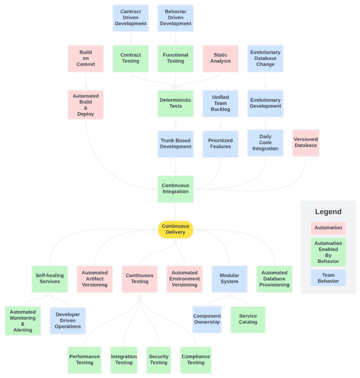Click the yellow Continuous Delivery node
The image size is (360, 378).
tap(175, 229)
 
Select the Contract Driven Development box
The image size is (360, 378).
tap(131, 18)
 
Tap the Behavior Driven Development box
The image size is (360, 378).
tap(175, 18)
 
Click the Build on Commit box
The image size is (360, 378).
tap(86, 58)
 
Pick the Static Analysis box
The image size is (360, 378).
tap(220, 58)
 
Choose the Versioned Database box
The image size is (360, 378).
tap(305, 142)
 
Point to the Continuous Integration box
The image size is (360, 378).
tap(175, 188)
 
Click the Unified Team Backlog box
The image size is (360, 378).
tap(220, 103)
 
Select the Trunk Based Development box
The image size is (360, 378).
tap(175, 143)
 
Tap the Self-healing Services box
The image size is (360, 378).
tap(50, 278)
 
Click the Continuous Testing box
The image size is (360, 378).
tap(140, 278)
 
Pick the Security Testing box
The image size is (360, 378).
tap(158, 359)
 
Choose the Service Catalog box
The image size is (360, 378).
tap(248, 319)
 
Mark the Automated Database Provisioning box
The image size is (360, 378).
tap(274, 278)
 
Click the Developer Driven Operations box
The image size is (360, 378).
tap(67, 320)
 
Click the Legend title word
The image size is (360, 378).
tap(328, 212)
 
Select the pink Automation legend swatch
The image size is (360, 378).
tap(328, 228)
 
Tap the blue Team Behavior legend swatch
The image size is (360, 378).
tap(328, 278)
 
